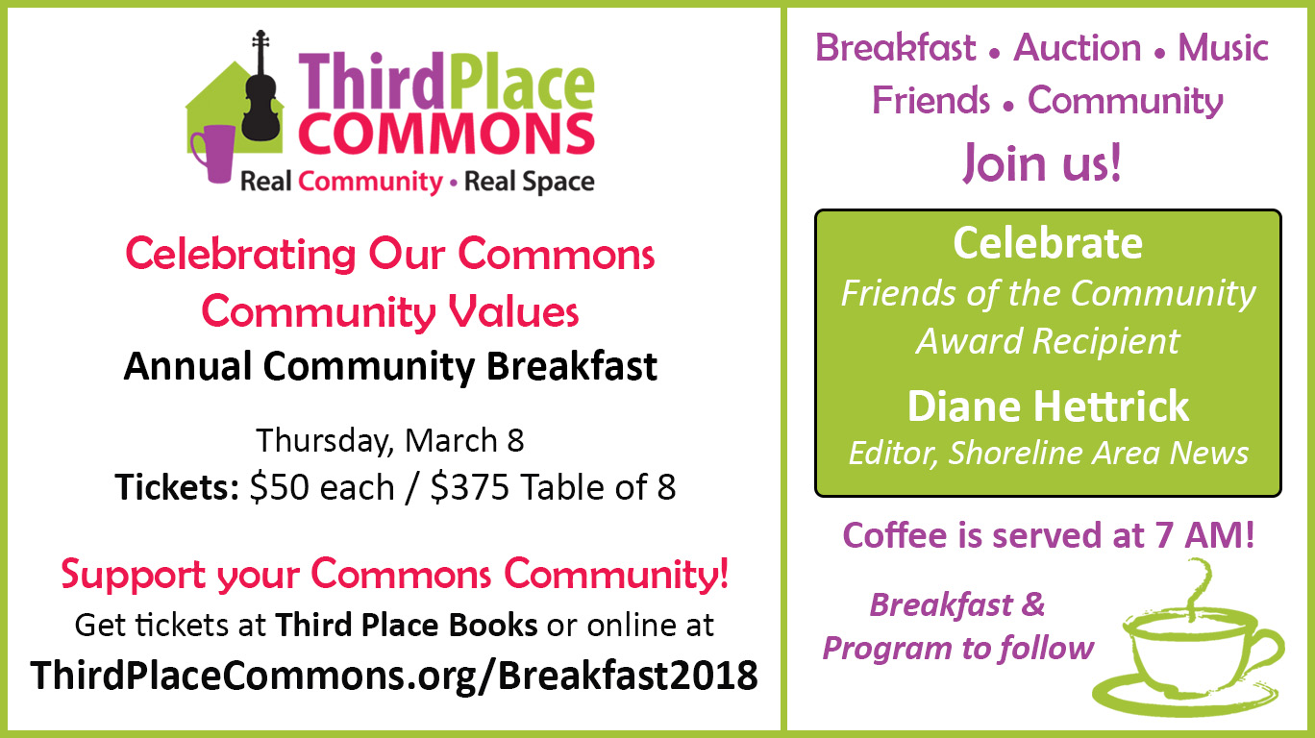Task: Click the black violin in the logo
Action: (261, 94)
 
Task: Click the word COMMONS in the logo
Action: (447, 134)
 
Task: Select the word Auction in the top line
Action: (1078, 47)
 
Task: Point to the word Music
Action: (1224, 47)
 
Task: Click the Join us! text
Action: (1042, 162)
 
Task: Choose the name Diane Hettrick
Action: (1048, 406)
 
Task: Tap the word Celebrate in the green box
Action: (1048, 243)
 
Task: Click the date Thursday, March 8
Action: (390, 440)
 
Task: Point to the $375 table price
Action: (470, 487)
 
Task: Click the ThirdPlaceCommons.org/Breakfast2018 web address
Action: (394, 675)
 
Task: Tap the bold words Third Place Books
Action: (407, 625)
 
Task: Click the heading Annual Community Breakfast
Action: (390, 367)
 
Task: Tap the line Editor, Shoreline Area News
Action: (1049, 453)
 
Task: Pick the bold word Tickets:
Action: (177, 487)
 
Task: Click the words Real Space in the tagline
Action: (529, 182)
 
